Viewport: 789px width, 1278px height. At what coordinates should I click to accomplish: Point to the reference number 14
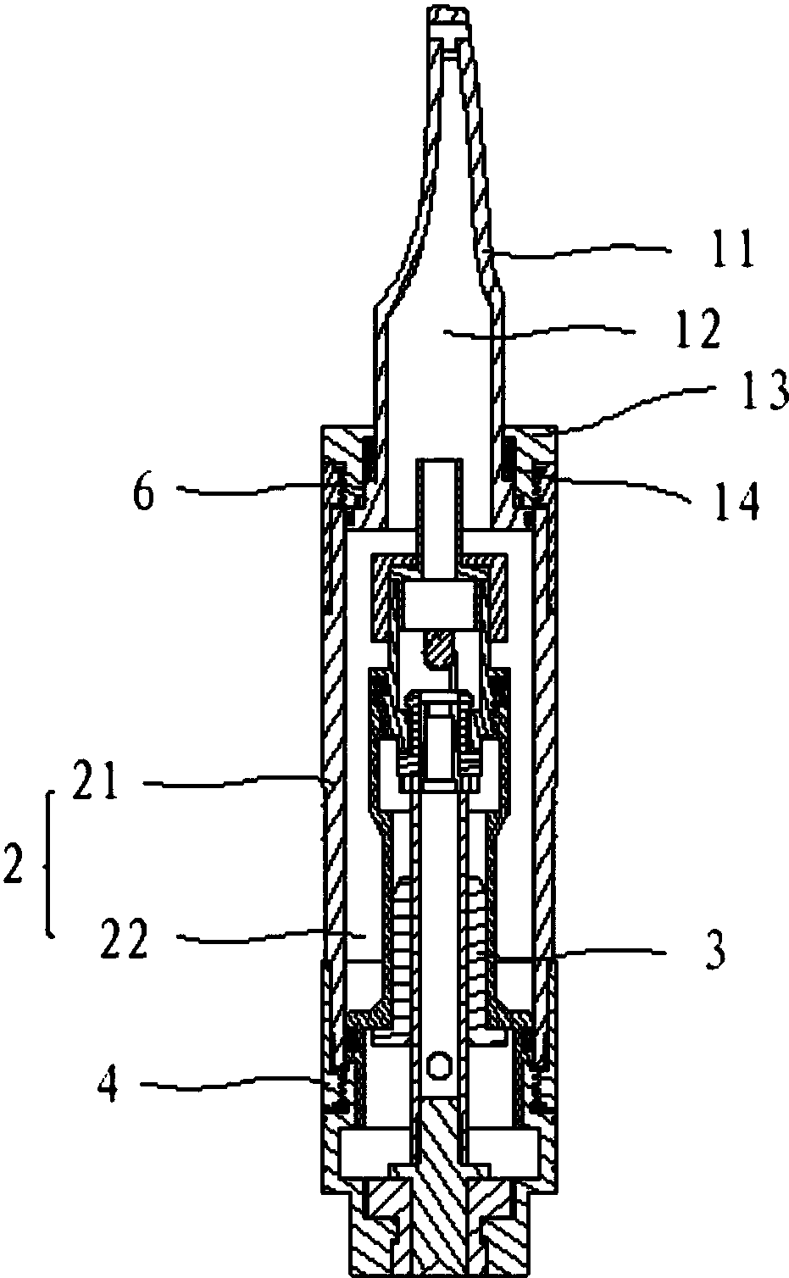(x=736, y=501)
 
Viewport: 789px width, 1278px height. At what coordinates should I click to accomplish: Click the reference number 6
(x=143, y=492)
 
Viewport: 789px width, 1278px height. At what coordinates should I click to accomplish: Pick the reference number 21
(x=95, y=784)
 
